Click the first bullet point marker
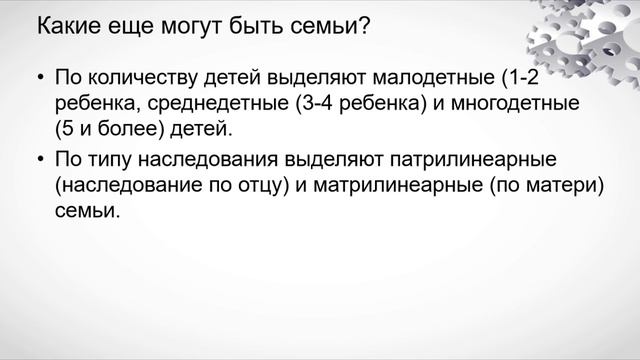[x=39, y=77]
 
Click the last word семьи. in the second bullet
[x=88, y=212]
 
